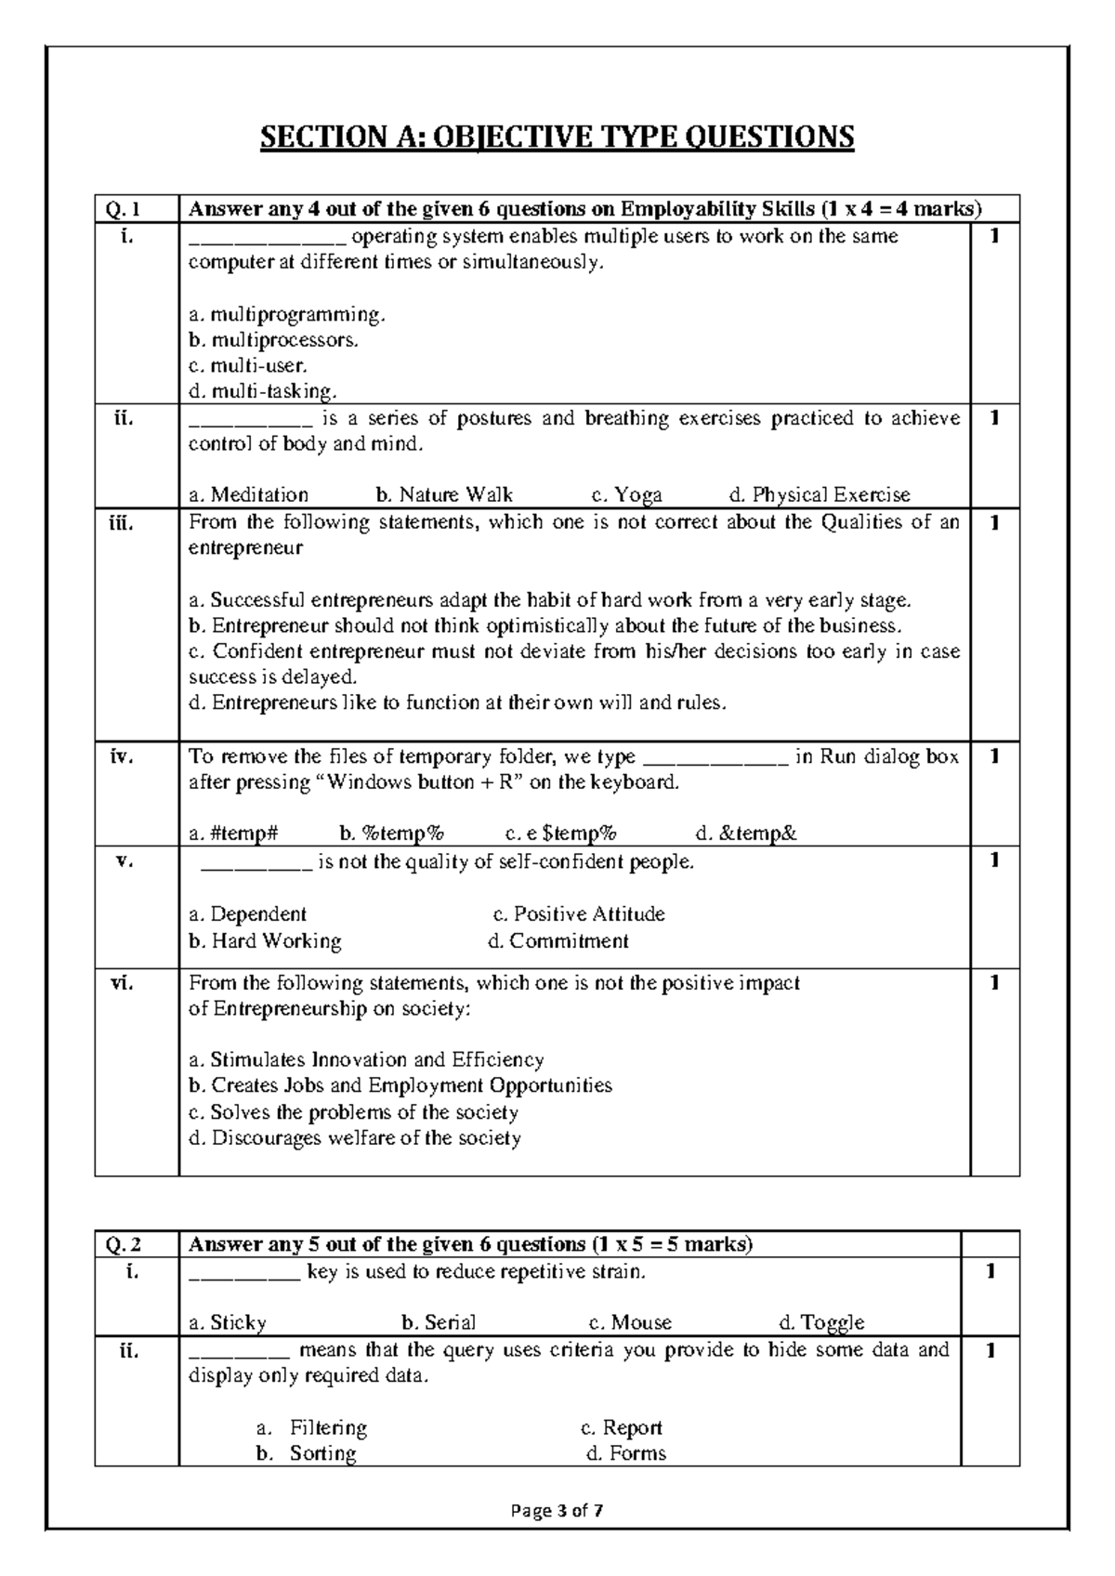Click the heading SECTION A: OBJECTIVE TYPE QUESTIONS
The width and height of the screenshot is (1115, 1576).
coord(557,138)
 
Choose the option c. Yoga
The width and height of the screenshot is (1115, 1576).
coord(626,495)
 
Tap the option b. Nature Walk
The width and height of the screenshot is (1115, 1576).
coord(444,495)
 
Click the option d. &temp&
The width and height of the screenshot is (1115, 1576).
coord(746,834)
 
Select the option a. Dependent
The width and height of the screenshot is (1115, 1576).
coord(247,914)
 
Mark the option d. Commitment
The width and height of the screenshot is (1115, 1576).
coord(558,941)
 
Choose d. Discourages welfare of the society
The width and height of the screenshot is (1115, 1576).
coord(354,1138)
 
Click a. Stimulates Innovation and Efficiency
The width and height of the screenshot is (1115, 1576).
coord(365,1060)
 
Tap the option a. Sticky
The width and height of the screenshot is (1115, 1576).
coord(228,1322)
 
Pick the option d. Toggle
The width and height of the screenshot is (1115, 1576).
coord(821,1322)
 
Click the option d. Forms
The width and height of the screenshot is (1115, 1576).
coord(626,1453)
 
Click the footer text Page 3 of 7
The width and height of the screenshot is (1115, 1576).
coord(557,1511)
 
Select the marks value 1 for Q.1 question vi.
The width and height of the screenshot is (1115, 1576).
coord(994,983)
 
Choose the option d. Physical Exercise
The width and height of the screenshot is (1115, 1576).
coord(820,495)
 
